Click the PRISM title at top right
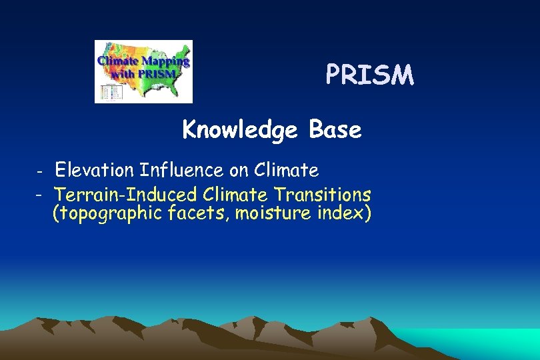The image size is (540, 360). click(x=369, y=75)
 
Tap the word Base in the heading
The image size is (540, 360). click(x=335, y=130)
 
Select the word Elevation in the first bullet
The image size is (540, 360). click(x=95, y=171)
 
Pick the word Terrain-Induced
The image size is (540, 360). click(x=126, y=195)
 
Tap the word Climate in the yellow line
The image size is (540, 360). click(x=235, y=195)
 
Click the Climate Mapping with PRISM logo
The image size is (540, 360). click(x=143, y=71)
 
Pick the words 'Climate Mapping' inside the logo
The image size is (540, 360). click(x=144, y=61)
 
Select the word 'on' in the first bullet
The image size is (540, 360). click(x=238, y=171)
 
